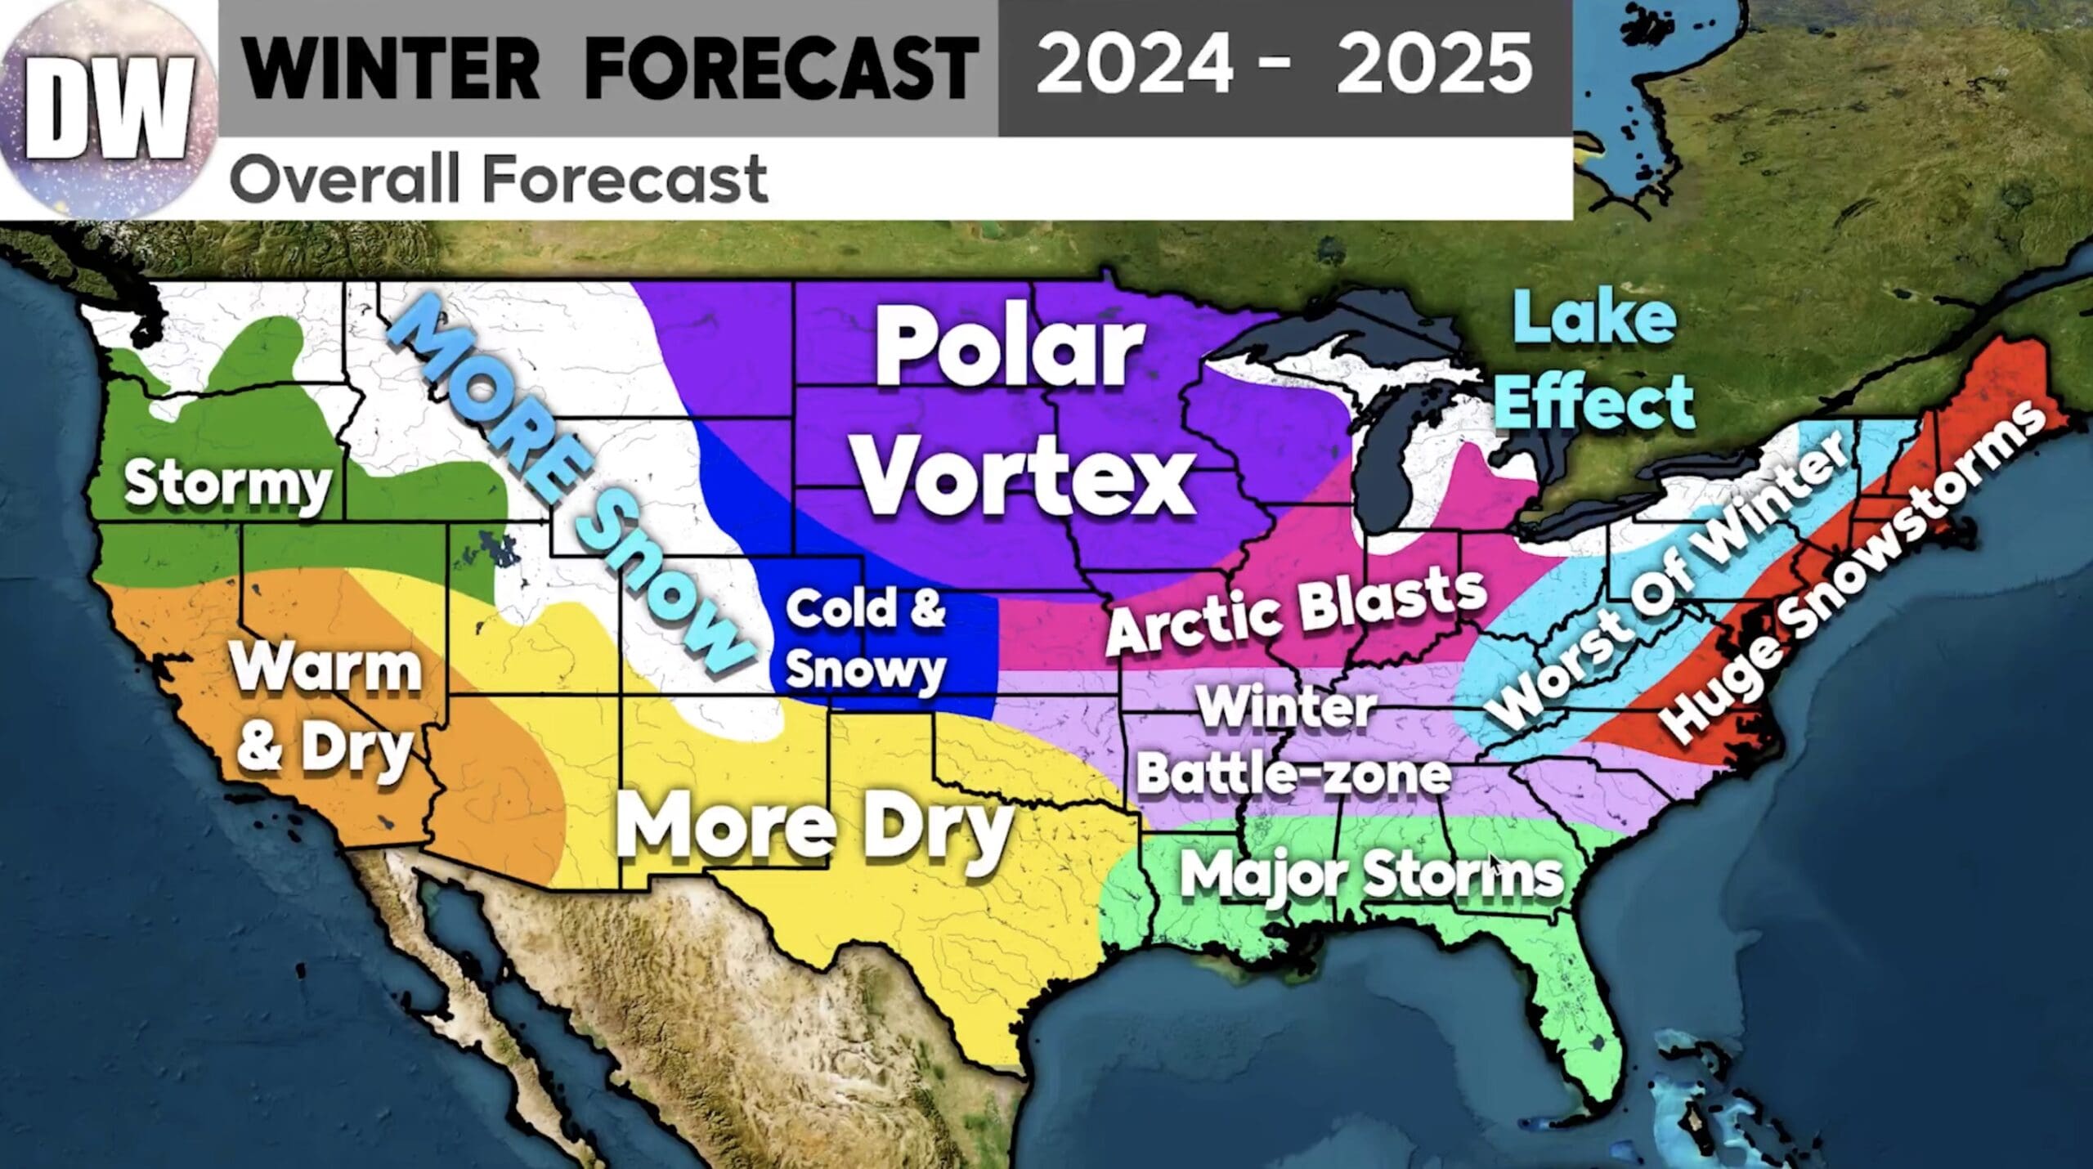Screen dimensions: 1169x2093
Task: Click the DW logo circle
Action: (109, 109)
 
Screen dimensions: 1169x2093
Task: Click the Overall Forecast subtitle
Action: (499, 180)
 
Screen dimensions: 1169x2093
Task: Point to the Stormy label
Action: (227, 484)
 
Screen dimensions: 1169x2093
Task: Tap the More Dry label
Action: (813, 827)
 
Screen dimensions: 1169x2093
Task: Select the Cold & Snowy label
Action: (865, 640)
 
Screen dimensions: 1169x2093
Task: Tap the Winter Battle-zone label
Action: (1292, 741)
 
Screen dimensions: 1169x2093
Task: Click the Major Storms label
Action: (1371, 875)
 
